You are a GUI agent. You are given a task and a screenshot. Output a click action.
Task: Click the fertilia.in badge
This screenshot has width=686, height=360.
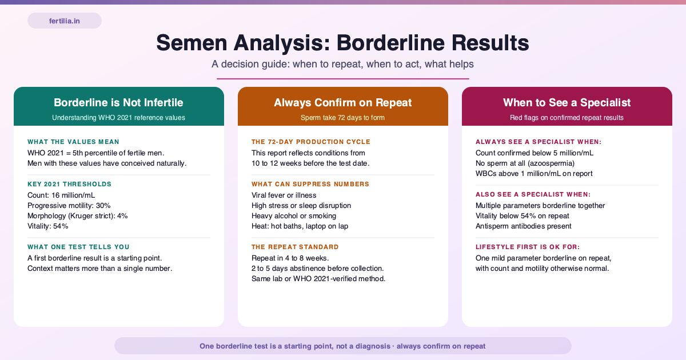pyautogui.click(x=64, y=21)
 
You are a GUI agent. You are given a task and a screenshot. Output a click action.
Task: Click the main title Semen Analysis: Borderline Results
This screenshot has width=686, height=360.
pyautogui.click(x=342, y=43)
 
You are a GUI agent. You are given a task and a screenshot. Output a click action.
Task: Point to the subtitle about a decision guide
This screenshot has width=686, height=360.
pyautogui.click(x=342, y=64)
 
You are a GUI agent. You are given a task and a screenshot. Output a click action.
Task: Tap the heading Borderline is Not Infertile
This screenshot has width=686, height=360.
pyautogui.click(x=118, y=102)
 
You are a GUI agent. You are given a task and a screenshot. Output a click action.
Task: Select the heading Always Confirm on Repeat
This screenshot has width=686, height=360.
pyautogui.click(x=342, y=102)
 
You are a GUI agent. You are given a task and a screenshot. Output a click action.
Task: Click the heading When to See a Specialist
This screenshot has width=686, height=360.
pyautogui.click(x=567, y=102)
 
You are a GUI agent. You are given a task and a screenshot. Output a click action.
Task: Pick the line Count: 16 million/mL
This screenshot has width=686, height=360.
pyautogui.click(x=61, y=195)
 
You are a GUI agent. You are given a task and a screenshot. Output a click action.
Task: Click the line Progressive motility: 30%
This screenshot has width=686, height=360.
pyautogui.click(x=69, y=205)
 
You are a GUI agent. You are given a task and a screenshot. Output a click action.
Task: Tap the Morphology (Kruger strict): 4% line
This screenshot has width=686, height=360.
pyautogui.click(x=78, y=216)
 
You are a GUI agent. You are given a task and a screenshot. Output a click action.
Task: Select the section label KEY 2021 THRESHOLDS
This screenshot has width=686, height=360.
pyautogui.click(x=69, y=184)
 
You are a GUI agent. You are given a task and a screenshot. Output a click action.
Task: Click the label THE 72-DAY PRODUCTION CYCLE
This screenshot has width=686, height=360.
pyautogui.click(x=311, y=142)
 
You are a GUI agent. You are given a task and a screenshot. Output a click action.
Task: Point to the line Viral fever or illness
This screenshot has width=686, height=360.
pyautogui.click(x=284, y=195)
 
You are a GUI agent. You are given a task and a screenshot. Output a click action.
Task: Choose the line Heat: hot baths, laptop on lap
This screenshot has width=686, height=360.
pyautogui.click(x=300, y=226)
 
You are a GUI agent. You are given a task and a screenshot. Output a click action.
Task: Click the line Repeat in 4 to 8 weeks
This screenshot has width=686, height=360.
pyautogui.click(x=290, y=258)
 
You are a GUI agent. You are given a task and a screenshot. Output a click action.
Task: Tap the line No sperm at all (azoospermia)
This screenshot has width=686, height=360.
pyautogui.click(x=525, y=163)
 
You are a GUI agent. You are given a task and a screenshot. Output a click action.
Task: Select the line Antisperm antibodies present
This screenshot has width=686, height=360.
pyautogui.click(x=524, y=226)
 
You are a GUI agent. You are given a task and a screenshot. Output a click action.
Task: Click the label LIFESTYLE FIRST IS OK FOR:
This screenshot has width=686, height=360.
pyautogui.click(x=528, y=247)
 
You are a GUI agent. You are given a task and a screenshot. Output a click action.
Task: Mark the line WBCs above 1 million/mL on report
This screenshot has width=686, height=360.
pyautogui.click(x=534, y=174)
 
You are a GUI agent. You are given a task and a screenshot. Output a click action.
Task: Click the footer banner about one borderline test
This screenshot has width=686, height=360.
pyautogui.click(x=342, y=346)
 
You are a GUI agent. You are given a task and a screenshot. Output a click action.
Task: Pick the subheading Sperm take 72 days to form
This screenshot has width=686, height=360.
pyautogui.click(x=342, y=118)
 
